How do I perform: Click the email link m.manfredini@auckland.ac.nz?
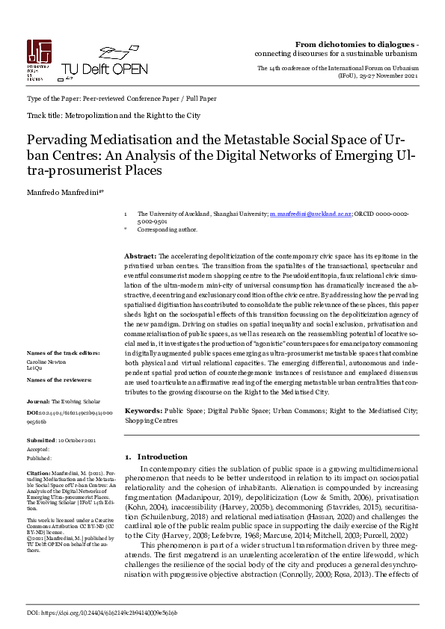click(x=310, y=214)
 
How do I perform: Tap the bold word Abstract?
click(x=140, y=255)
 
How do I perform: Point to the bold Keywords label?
click(x=143, y=411)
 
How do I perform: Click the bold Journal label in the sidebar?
click(x=38, y=401)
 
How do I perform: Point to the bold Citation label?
click(x=38, y=473)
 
